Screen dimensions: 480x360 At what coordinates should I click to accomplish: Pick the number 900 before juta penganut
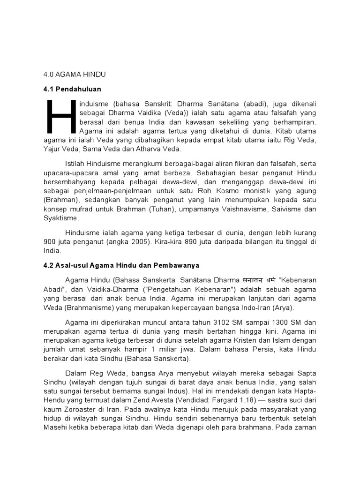click(49, 241)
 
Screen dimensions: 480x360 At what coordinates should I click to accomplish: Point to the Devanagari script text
click(240, 278)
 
